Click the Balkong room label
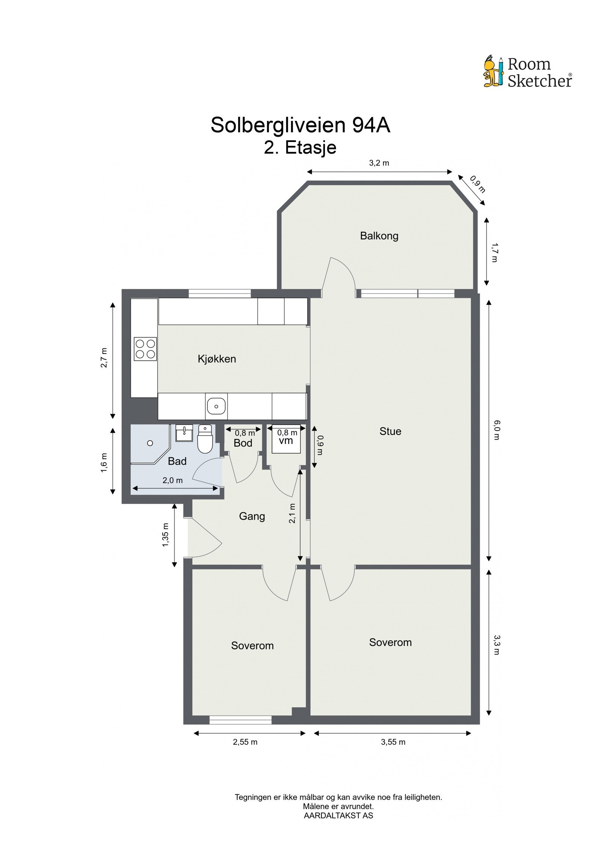(x=379, y=236)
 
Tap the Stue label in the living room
(x=390, y=431)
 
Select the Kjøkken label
(x=217, y=359)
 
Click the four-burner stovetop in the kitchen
(x=145, y=349)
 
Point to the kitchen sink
(x=216, y=406)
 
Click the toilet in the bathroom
(x=205, y=439)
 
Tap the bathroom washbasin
(x=184, y=433)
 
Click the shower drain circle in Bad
(x=150, y=443)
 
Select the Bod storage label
(x=243, y=443)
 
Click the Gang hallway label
(x=252, y=516)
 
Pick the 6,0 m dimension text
(x=497, y=430)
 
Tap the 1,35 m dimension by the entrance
(x=165, y=535)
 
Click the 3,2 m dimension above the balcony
(x=379, y=163)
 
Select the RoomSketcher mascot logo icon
(x=493, y=72)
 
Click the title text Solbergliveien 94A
(x=300, y=125)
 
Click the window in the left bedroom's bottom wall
(x=240, y=720)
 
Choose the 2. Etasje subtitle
(x=300, y=147)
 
